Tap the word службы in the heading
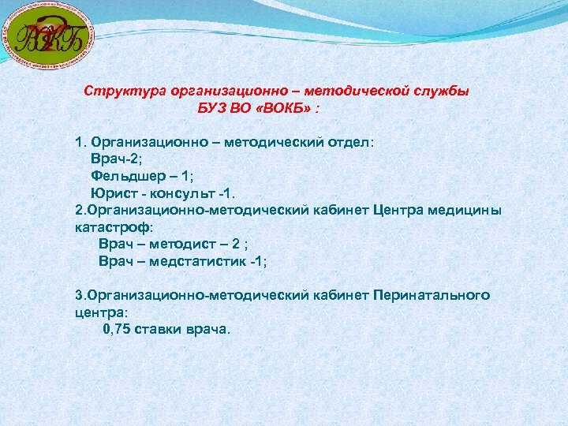[x=440, y=91]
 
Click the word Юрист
[x=111, y=193]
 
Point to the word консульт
[x=177, y=193]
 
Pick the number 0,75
[x=118, y=329]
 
